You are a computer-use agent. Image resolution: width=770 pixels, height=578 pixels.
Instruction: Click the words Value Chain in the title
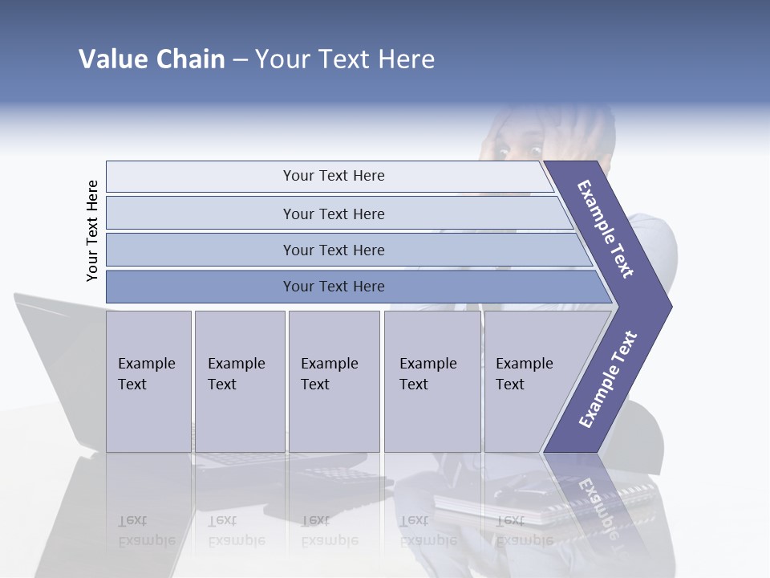152,59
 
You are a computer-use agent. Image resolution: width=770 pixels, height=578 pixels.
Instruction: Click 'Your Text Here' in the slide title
345,59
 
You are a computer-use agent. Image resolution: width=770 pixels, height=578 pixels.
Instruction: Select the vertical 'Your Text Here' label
92,230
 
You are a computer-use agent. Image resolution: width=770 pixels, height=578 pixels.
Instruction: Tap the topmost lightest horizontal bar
333,176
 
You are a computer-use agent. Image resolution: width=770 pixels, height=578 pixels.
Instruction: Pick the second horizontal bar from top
333,214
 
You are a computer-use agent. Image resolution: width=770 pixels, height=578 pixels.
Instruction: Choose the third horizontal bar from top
333,250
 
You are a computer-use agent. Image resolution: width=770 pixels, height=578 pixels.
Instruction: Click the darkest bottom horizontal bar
333,287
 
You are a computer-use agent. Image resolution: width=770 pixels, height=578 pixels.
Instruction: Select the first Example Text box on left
148,381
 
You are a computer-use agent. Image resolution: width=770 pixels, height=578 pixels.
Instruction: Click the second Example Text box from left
239,381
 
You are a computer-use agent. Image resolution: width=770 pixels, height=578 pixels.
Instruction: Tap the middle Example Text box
334,381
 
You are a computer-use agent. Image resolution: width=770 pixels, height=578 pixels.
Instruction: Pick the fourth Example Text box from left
432,381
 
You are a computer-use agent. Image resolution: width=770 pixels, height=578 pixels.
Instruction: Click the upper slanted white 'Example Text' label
606,229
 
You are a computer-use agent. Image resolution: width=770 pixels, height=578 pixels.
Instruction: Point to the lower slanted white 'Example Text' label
607,379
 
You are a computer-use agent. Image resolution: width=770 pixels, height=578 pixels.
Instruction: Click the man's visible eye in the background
503,150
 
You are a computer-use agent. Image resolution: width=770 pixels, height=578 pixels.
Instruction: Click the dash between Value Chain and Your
240,60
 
